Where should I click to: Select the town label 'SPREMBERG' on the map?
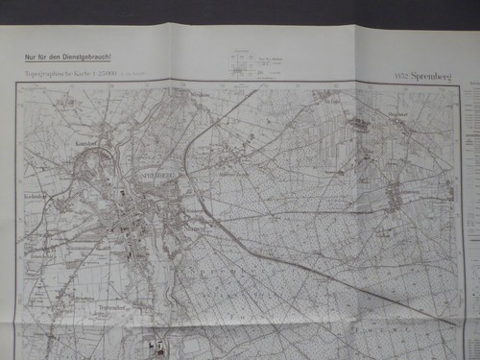coord(143,176)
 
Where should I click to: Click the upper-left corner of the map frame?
coord(16,84)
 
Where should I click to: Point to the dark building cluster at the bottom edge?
coord(160,348)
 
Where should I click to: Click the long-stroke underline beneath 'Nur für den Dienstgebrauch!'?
coord(68,62)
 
